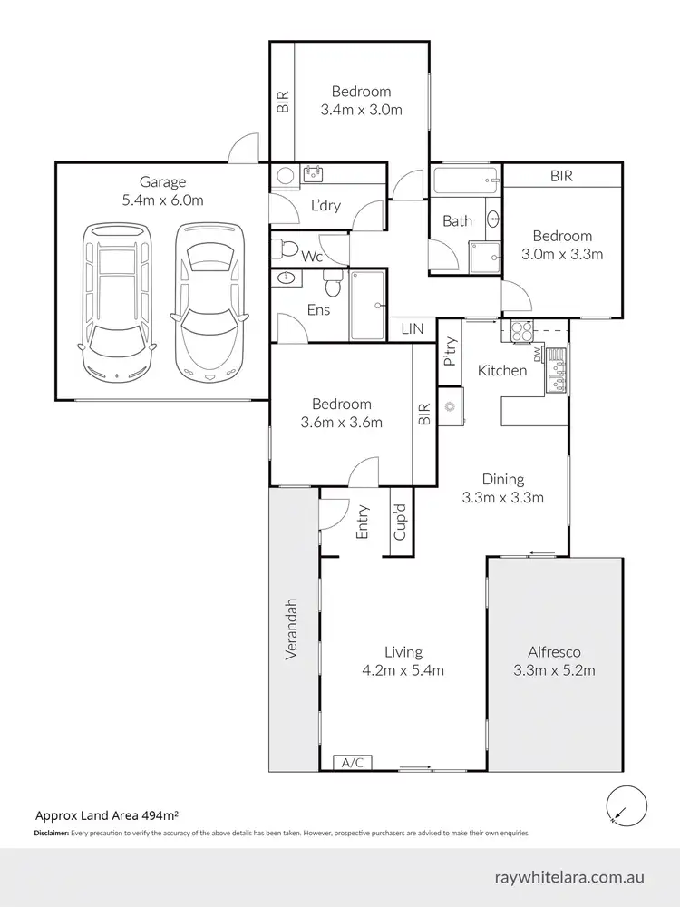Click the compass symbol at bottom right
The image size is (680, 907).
click(624, 805)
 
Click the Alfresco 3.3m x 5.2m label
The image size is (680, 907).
click(554, 661)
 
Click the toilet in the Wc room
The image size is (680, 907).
click(283, 245)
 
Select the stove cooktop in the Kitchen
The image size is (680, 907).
click(522, 333)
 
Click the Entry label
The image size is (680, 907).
click(363, 522)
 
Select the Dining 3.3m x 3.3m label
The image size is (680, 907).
click(502, 488)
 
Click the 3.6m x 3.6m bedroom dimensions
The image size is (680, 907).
click(341, 422)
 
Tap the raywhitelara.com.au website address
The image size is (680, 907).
click(570, 878)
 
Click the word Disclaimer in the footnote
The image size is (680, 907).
click(51, 833)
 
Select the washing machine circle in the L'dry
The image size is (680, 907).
click(283, 175)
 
